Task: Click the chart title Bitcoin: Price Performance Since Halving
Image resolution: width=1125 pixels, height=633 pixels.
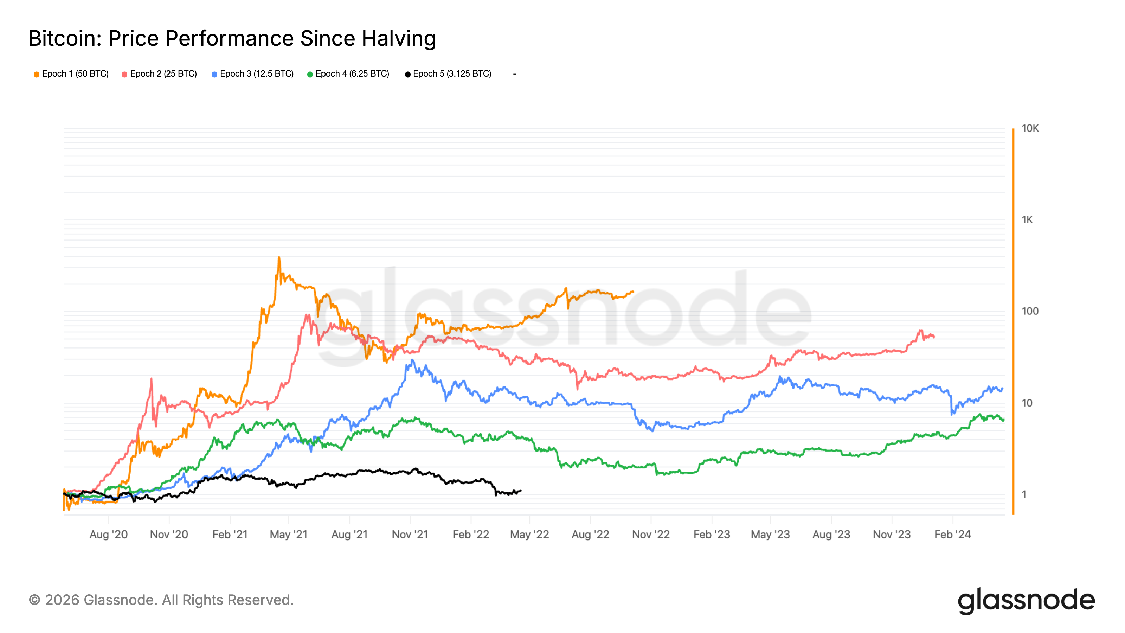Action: click(x=232, y=38)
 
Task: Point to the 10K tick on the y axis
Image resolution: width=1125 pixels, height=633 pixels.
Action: click(x=1030, y=128)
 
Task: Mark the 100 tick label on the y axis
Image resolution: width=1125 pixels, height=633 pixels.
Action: click(x=1029, y=312)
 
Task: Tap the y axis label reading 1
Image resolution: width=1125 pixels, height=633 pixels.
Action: click(x=1024, y=494)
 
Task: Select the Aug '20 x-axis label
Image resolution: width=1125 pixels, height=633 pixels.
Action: click(x=108, y=534)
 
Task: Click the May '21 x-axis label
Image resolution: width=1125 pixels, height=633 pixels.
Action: click(x=289, y=534)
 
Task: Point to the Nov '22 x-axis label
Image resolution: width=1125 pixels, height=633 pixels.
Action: click(x=651, y=534)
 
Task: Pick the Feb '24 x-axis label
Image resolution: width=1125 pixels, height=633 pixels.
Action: click(x=952, y=534)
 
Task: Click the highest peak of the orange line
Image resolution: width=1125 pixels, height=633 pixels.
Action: click(x=279, y=257)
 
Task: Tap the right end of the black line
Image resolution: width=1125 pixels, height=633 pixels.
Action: click(x=521, y=491)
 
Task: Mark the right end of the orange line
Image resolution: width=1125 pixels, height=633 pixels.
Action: click(x=633, y=292)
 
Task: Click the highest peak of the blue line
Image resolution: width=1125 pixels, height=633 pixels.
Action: click(x=412, y=360)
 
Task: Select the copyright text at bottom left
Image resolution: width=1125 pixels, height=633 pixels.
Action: click(x=161, y=600)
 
